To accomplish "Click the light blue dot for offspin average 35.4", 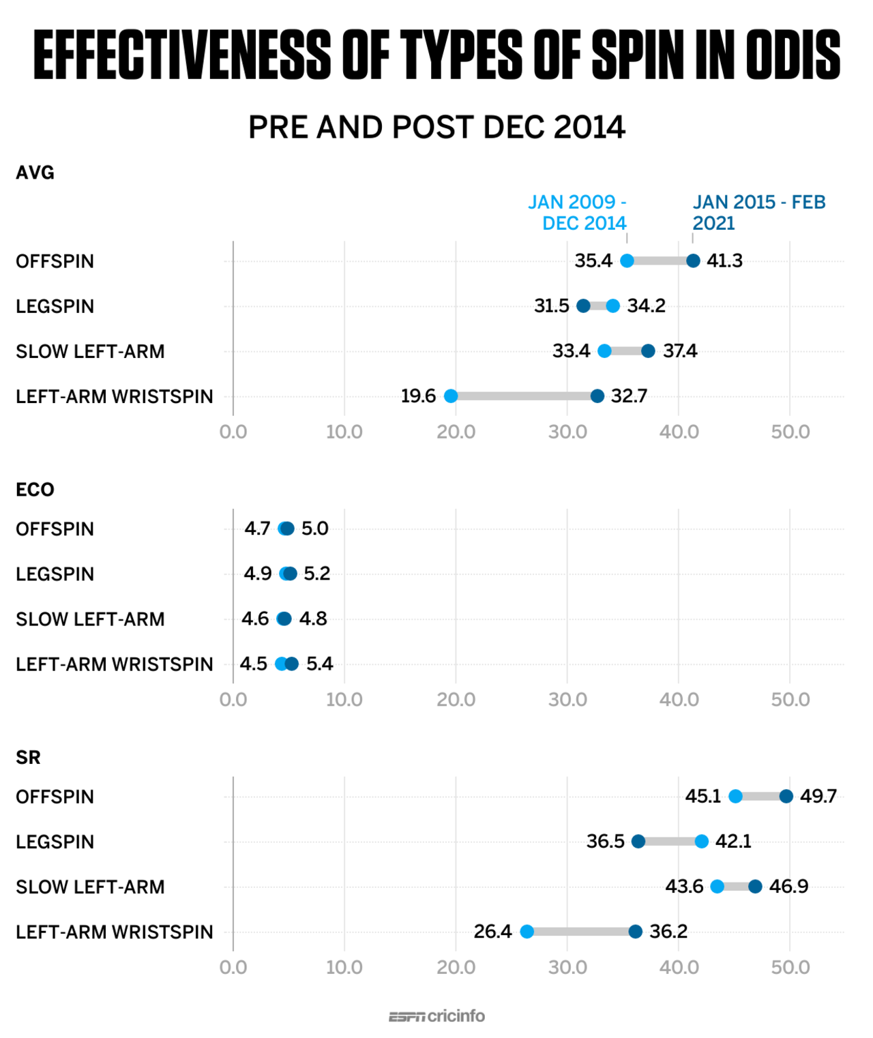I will point(627,261).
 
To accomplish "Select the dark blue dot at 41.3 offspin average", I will point(693,261).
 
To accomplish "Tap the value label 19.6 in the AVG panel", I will point(418,396).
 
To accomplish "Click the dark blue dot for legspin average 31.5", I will point(583,306).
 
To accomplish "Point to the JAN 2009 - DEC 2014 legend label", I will point(578,212).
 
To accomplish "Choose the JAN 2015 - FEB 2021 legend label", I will point(758,212).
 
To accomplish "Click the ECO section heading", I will point(35,490).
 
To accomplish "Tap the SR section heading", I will point(28,758).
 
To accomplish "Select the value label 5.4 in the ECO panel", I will point(319,664).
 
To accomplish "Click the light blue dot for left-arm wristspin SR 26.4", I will point(527,932).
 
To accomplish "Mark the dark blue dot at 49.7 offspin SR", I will point(786,796).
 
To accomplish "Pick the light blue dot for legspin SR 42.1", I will point(702,841).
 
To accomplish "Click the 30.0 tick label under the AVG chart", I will point(567,432).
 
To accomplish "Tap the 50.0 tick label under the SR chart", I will point(790,967).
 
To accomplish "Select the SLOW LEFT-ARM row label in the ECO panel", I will point(90,619).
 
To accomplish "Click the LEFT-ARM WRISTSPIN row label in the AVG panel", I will point(115,396).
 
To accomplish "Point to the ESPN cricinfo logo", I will point(436,1016).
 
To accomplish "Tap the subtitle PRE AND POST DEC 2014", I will point(436,128).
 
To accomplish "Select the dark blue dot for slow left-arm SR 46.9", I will point(755,887).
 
